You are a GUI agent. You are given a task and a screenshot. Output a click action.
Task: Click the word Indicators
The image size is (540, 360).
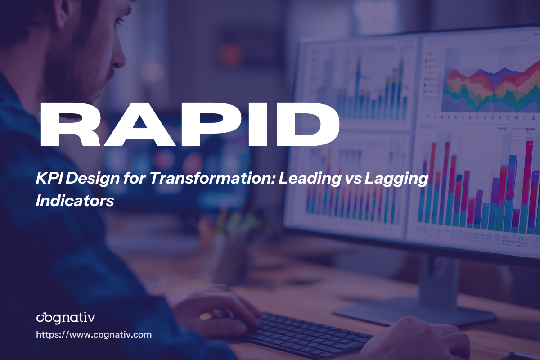click(75, 201)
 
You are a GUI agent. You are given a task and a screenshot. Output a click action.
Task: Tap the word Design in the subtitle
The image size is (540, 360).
click(90, 180)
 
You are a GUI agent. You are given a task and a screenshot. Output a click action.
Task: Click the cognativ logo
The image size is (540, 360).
click(66, 318)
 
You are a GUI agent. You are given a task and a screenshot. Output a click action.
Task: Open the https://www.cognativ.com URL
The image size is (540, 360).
click(94, 335)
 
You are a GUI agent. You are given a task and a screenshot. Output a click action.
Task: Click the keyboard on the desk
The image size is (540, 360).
click(306, 333)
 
